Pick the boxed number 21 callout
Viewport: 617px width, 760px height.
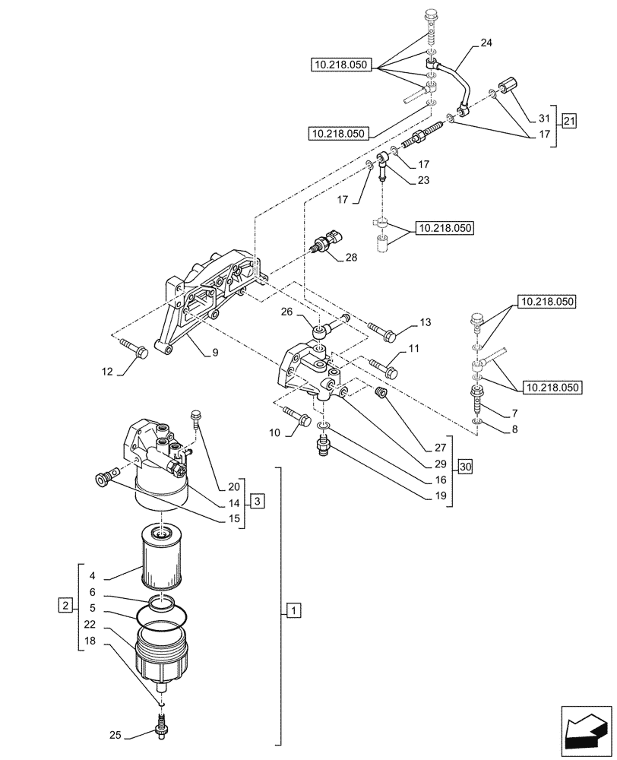point(570,120)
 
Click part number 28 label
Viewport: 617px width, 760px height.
point(351,258)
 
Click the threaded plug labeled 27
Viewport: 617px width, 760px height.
point(383,393)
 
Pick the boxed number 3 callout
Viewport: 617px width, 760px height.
point(258,501)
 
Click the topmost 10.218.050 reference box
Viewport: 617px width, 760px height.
point(340,65)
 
